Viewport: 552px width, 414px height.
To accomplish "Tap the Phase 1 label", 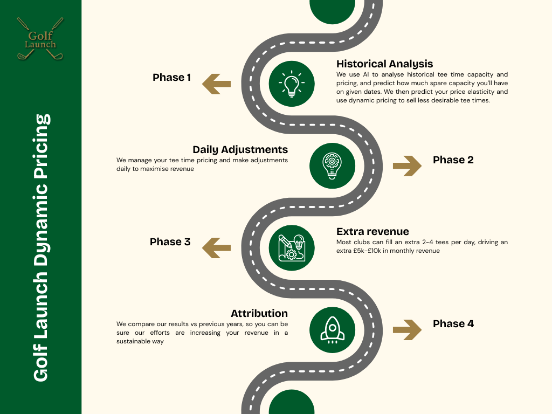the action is pos(171,78).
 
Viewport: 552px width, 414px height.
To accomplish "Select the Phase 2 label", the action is pos(453,160).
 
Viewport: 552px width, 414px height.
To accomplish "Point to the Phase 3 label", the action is pos(170,242).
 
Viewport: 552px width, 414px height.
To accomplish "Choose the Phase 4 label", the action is pos(453,324).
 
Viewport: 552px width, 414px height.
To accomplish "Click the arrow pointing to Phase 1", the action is pos(216,84).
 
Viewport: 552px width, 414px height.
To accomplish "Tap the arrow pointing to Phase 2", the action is pos(407,165).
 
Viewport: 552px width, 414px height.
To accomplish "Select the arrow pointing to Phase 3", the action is pos(216,247).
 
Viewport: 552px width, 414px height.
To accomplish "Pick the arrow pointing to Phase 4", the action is pos(407,329).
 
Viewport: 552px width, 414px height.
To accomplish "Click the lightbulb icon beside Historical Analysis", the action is pos(292,84).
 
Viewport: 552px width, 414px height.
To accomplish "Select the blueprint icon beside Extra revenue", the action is pos(292,247).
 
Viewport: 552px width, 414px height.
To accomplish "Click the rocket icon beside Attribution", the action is pos(333,329).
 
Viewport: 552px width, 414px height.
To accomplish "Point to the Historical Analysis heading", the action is pos(384,64).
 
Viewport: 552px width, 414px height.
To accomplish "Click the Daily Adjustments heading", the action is pos(240,149).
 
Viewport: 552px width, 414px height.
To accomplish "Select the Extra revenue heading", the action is pos(372,232).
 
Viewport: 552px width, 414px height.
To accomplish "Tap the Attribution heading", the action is pos(259,313).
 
